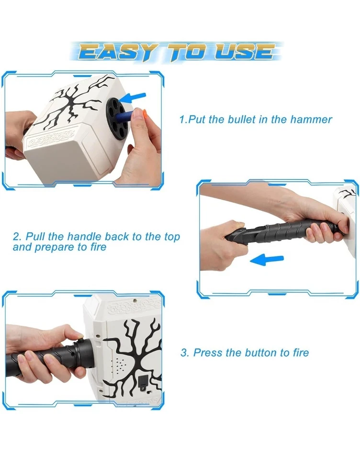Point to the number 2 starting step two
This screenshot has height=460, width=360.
(16, 237)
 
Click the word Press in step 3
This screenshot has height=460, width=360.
(207, 353)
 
